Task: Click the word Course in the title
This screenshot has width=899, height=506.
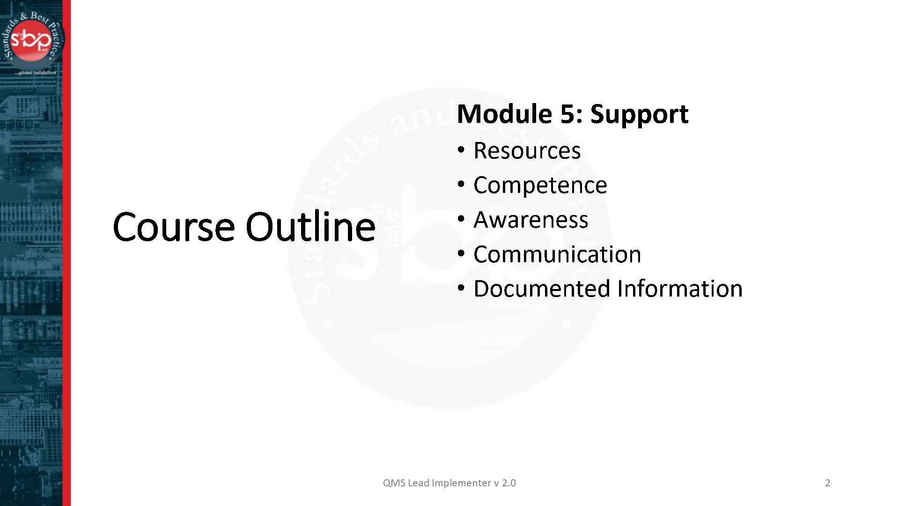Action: click(173, 227)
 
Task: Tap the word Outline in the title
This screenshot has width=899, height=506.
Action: click(310, 227)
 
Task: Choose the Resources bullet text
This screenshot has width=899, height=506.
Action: click(527, 151)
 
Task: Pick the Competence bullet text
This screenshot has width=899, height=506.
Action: click(540, 185)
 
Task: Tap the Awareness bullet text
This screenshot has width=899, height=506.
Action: click(531, 220)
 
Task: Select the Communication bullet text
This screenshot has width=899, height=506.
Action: click(557, 254)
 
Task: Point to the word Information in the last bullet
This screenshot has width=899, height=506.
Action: click(680, 289)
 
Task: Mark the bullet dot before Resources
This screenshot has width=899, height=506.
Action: click(461, 150)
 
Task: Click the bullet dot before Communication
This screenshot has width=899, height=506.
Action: click(461, 253)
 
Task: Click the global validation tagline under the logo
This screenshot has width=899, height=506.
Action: click(35, 73)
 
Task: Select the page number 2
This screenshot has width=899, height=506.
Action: click(827, 483)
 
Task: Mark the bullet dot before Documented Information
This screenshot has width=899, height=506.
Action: click(461, 288)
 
